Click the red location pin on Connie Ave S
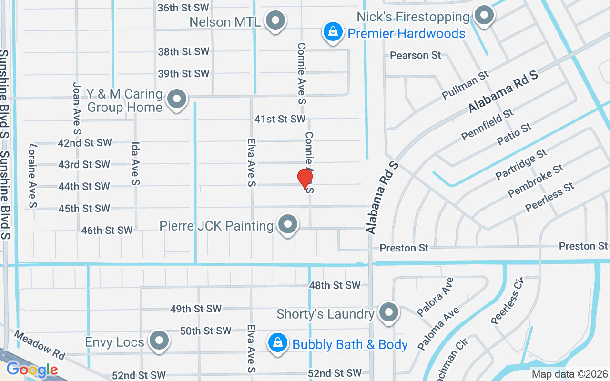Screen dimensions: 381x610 (x=305, y=179)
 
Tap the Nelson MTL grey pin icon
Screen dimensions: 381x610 (x=275, y=20)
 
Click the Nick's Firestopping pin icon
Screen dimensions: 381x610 (x=484, y=15)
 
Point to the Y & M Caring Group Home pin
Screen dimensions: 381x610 (x=177, y=100)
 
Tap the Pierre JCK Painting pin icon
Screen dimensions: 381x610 (x=287, y=224)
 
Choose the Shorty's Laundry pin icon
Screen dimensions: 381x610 (x=389, y=312)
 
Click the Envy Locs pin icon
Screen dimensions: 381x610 (x=159, y=341)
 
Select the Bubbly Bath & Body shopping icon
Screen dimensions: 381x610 (x=276, y=342)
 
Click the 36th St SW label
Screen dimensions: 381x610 (x=183, y=8)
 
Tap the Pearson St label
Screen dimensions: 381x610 (x=416, y=55)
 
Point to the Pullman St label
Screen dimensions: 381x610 (x=466, y=85)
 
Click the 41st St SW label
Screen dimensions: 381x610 (x=279, y=119)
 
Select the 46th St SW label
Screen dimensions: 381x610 (x=107, y=231)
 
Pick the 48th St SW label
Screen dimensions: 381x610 (x=335, y=285)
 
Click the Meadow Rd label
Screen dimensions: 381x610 (x=39, y=345)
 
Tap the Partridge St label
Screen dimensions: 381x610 (x=521, y=164)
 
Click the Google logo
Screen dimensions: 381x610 (x=32, y=369)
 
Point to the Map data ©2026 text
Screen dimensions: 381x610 (x=569, y=374)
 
